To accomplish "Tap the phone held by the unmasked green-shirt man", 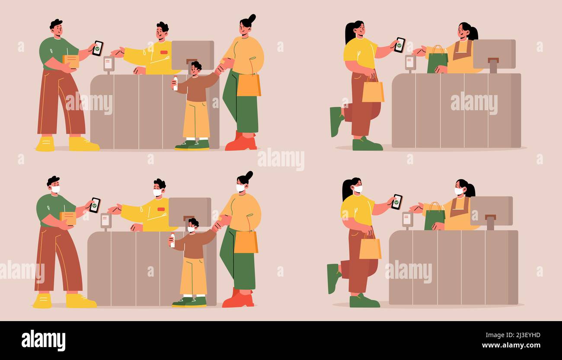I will pos(98,48).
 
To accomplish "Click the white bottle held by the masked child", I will pos(172,240).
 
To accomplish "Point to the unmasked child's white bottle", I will pos(175,83).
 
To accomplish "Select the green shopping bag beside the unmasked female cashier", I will pos(437,61).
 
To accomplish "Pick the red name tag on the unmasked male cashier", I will pos(163,52).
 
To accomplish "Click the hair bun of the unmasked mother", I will pos(251,18).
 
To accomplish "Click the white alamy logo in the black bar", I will pos(43,340).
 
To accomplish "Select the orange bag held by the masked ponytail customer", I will pos(370,248).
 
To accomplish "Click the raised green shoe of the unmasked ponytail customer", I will pos(335,121).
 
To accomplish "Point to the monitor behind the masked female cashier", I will pos(491,211).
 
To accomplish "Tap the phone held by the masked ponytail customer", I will pos(396,202).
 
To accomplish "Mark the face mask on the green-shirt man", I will pos(55,189).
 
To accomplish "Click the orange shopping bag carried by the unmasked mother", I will pos(249,85).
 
